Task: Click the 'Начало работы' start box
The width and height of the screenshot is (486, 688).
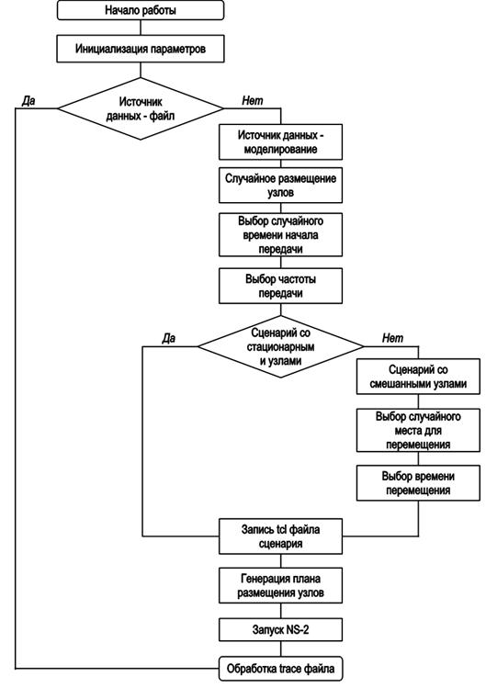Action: pyautogui.click(x=141, y=10)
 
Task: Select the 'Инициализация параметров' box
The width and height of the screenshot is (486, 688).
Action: pyautogui.click(x=141, y=49)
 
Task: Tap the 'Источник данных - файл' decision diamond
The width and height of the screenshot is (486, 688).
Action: pyautogui.click(x=141, y=108)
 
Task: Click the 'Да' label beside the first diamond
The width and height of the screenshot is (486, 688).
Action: pyautogui.click(x=28, y=101)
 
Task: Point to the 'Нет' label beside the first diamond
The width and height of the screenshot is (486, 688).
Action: pyautogui.click(x=253, y=101)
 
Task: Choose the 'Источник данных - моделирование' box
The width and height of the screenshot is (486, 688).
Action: pyautogui.click(x=280, y=142)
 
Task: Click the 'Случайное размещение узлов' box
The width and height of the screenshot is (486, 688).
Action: pyautogui.click(x=280, y=186)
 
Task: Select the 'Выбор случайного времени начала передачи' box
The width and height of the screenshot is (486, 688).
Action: pyautogui.click(x=280, y=235)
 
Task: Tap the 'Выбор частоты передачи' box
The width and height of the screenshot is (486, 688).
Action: pyautogui.click(x=280, y=286)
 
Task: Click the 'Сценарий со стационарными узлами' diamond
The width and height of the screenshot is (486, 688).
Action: pyautogui.click(x=280, y=346)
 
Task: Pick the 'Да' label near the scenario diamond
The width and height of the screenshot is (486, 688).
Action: pyautogui.click(x=169, y=338)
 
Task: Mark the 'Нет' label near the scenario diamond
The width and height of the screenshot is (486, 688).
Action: pyautogui.click(x=392, y=338)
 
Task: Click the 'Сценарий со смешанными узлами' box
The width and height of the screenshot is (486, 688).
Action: pyautogui.click(x=418, y=377)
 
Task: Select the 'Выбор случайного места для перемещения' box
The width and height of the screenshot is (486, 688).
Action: pyautogui.click(x=418, y=430)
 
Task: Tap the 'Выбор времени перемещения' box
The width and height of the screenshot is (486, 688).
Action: pyautogui.click(x=418, y=483)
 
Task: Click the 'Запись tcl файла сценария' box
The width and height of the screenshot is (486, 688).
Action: pyautogui.click(x=280, y=536)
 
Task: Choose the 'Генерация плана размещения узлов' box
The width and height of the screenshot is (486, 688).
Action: pyautogui.click(x=280, y=585)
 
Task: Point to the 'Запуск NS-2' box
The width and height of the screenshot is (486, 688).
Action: pyautogui.click(x=280, y=630)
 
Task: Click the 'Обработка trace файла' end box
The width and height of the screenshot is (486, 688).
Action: pyautogui.click(x=280, y=669)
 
